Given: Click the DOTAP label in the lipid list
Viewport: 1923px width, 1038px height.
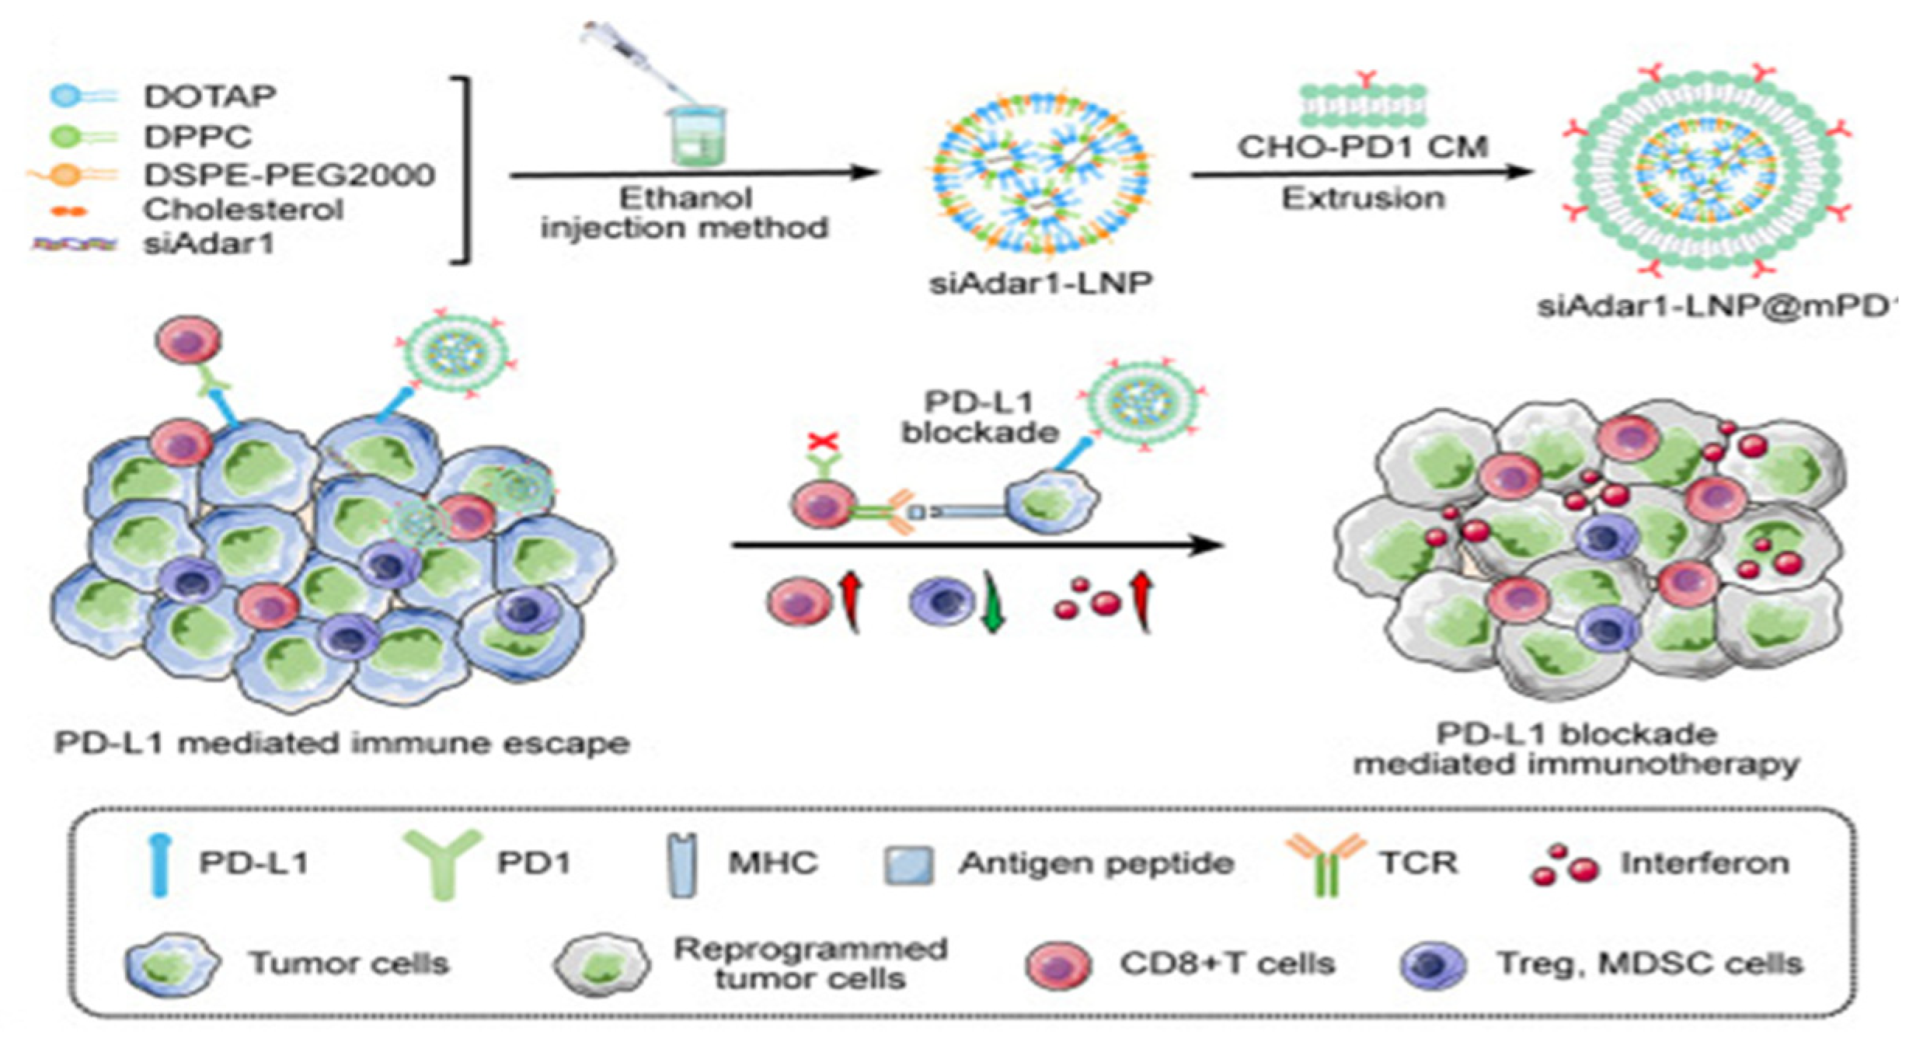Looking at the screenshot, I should (x=210, y=96).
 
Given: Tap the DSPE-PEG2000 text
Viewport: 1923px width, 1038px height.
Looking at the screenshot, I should (x=289, y=175).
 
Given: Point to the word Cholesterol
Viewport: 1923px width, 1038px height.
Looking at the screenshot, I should (x=243, y=209).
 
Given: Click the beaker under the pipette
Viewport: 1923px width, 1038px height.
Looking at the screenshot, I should (x=697, y=137).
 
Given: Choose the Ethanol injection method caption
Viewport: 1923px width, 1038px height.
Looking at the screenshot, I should (x=685, y=213).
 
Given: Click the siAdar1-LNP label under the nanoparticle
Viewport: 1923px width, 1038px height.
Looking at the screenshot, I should (x=1040, y=284).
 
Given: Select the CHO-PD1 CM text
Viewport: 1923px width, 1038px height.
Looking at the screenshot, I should (x=1363, y=146).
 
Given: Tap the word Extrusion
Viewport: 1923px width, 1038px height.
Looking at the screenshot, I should (x=1363, y=199).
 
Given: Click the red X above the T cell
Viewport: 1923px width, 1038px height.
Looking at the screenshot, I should (x=823, y=442).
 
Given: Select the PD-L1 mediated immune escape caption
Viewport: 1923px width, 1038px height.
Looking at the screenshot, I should (x=342, y=744).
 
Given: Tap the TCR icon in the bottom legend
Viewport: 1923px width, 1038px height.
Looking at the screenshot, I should (x=1326, y=862).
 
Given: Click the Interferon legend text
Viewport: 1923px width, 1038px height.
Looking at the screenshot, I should (x=1705, y=863).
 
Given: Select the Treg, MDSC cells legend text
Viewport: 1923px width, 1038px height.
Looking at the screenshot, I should (x=1650, y=963).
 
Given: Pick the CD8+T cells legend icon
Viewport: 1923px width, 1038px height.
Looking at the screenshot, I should (x=1057, y=964).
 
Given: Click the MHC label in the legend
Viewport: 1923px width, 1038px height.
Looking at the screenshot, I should (x=772, y=863).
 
